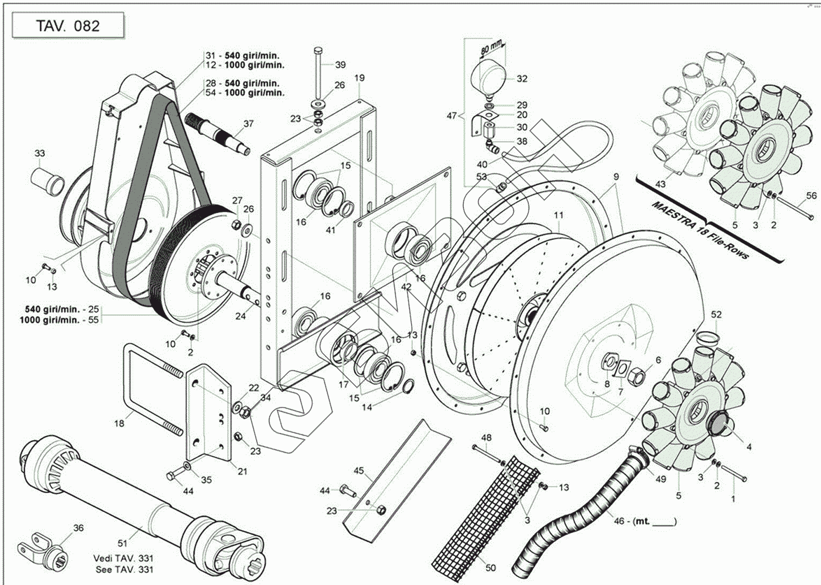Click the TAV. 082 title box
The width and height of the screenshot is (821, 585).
click(x=68, y=26)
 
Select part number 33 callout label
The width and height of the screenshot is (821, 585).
click(x=40, y=153)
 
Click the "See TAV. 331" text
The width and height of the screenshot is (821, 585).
click(x=124, y=569)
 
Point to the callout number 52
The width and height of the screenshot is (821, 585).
click(x=716, y=315)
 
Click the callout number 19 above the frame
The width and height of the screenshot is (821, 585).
click(x=359, y=78)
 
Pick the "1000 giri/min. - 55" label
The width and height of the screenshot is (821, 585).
click(x=59, y=320)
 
